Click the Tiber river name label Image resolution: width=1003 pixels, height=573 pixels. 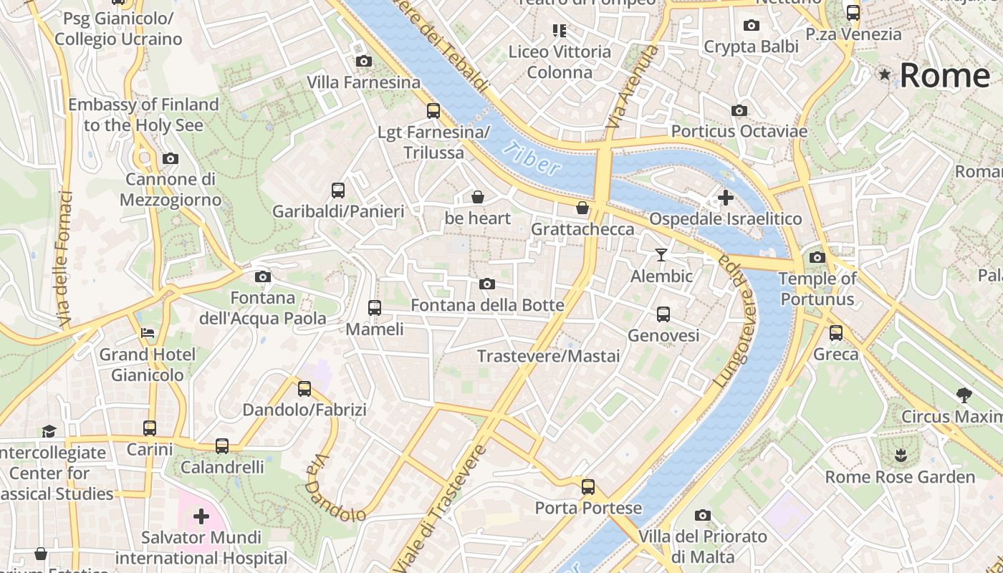tap(532, 159)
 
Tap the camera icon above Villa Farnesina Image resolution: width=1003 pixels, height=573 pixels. tap(364, 61)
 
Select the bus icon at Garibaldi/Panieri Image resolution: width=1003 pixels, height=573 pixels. tap(338, 191)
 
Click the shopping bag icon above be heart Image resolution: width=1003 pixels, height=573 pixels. tap(478, 197)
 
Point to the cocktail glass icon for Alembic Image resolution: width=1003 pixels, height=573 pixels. tap(661, 254)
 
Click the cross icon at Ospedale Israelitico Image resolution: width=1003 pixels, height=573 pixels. tap(726, 197)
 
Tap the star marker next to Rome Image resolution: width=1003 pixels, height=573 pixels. tap(886, 74)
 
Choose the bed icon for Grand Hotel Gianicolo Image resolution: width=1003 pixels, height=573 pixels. tap(147, 333)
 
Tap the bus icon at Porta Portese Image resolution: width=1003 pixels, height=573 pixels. tap(588, 487)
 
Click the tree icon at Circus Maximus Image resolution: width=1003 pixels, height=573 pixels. tap(964, 394)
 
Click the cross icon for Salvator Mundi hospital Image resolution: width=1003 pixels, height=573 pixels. tap(201, 516)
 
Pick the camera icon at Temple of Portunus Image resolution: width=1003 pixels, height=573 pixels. tap(817, 257)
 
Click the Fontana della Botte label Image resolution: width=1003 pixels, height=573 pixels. tap(487, 305)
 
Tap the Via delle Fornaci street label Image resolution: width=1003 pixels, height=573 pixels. tap(65, 259)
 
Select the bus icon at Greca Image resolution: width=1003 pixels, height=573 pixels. tap(836, 333)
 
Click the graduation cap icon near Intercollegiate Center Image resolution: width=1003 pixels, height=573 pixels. tap(49, 430)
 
